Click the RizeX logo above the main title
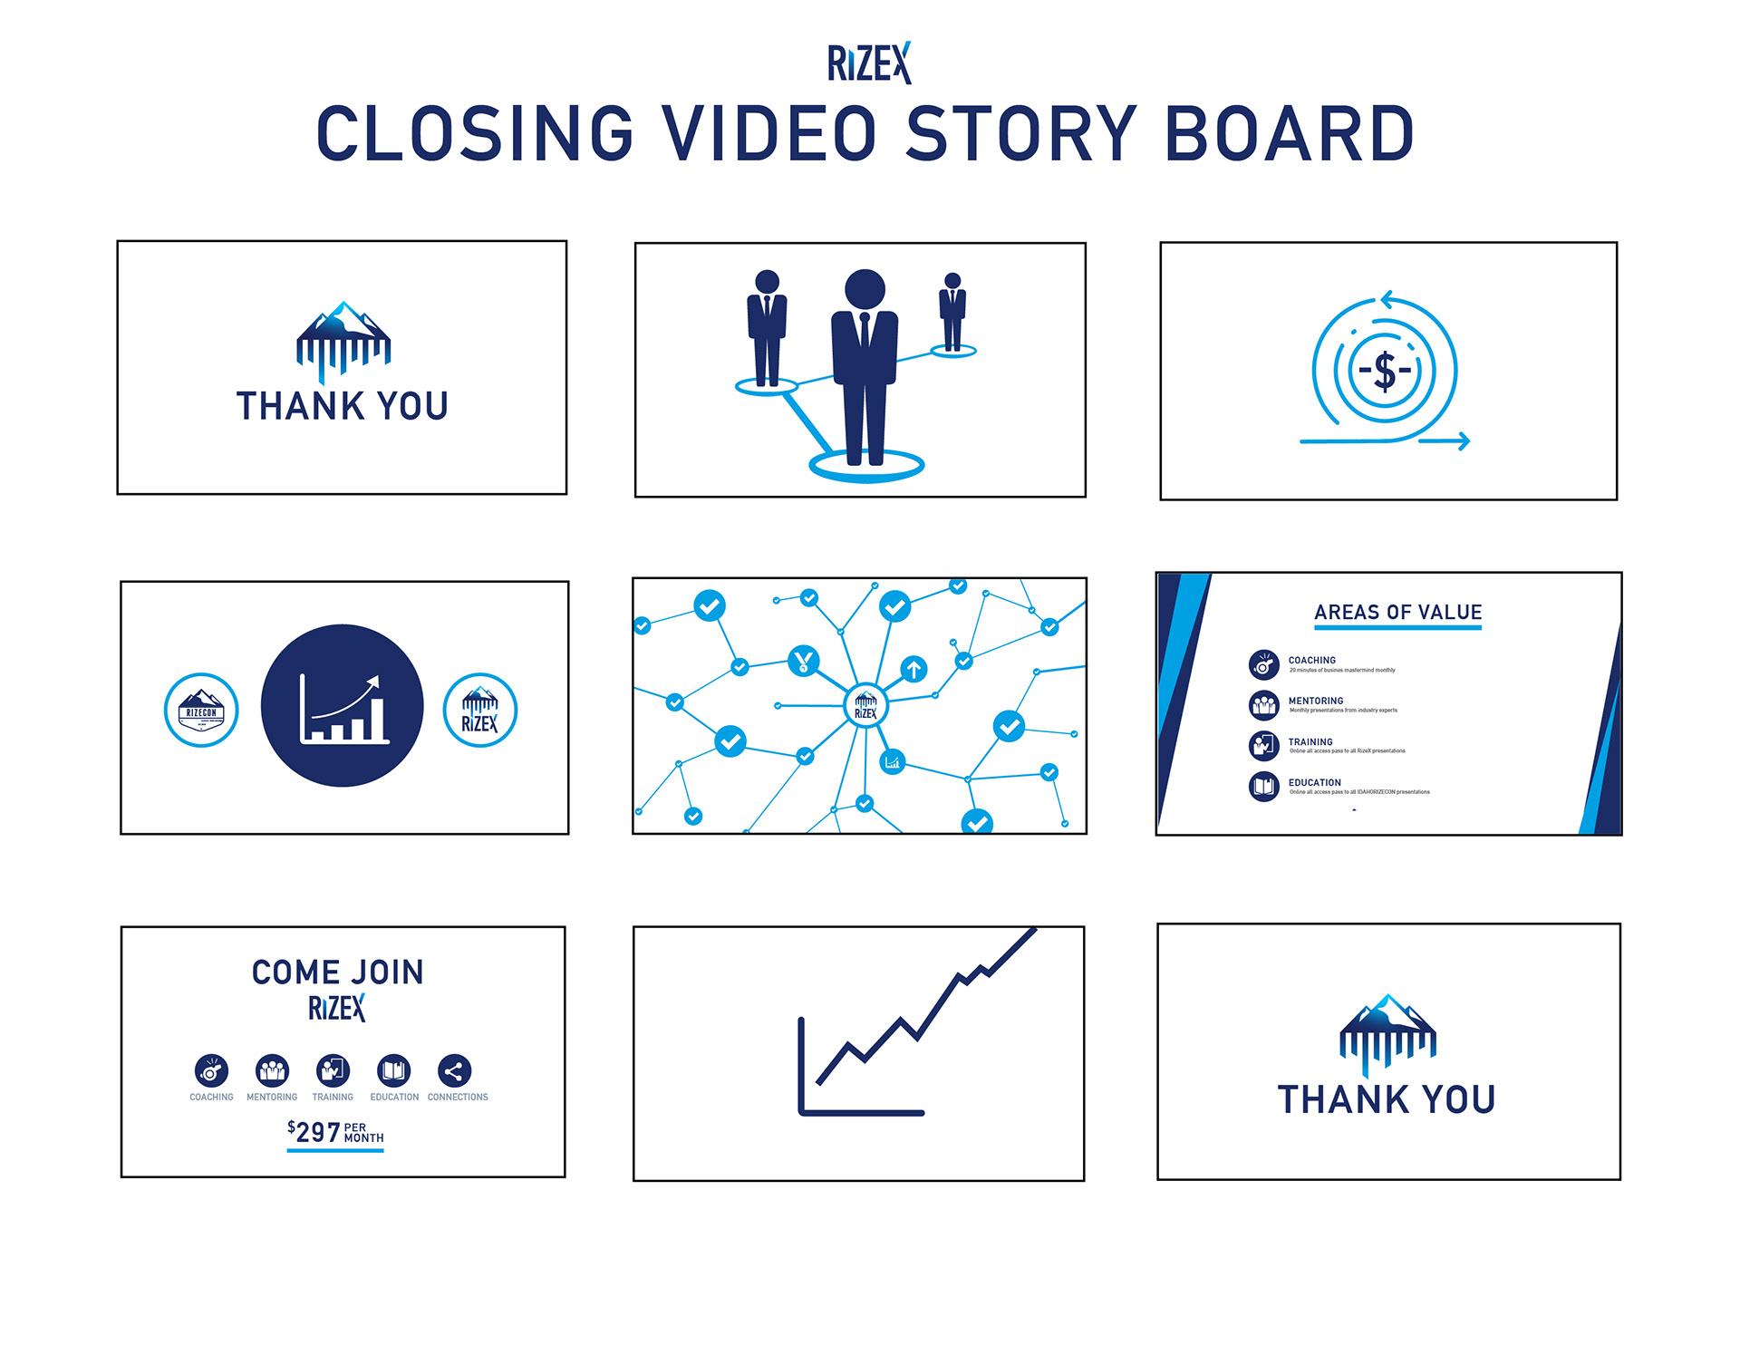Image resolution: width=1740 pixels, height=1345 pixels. point(869,63)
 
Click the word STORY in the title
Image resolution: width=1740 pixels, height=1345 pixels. point(1021,134)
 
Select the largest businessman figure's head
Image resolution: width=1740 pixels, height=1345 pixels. point(865,289)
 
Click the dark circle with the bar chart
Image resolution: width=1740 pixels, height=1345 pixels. point(343,705)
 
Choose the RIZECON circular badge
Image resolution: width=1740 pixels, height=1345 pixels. point(201,710)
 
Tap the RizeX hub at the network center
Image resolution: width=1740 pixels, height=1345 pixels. point(865,706)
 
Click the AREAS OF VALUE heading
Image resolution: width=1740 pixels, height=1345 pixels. point(1397,613)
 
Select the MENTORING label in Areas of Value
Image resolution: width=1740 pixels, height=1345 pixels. point(1316,701)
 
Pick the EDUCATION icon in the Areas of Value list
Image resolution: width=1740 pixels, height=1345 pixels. point(1263,786)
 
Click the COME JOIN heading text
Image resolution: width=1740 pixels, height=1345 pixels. point(337,972)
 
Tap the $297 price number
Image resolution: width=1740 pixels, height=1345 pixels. point(318,1132)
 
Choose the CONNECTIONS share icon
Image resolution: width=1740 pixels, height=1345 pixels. point(454,1071)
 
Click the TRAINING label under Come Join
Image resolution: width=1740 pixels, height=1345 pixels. point(333,1097)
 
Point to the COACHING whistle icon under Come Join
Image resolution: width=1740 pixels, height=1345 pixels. point(211,1071)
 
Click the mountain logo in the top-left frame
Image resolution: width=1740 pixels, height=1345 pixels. point(343,340)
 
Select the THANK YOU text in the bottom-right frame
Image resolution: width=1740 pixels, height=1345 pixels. point(1387,1099)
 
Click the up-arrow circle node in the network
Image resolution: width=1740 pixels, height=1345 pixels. point(913,669)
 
